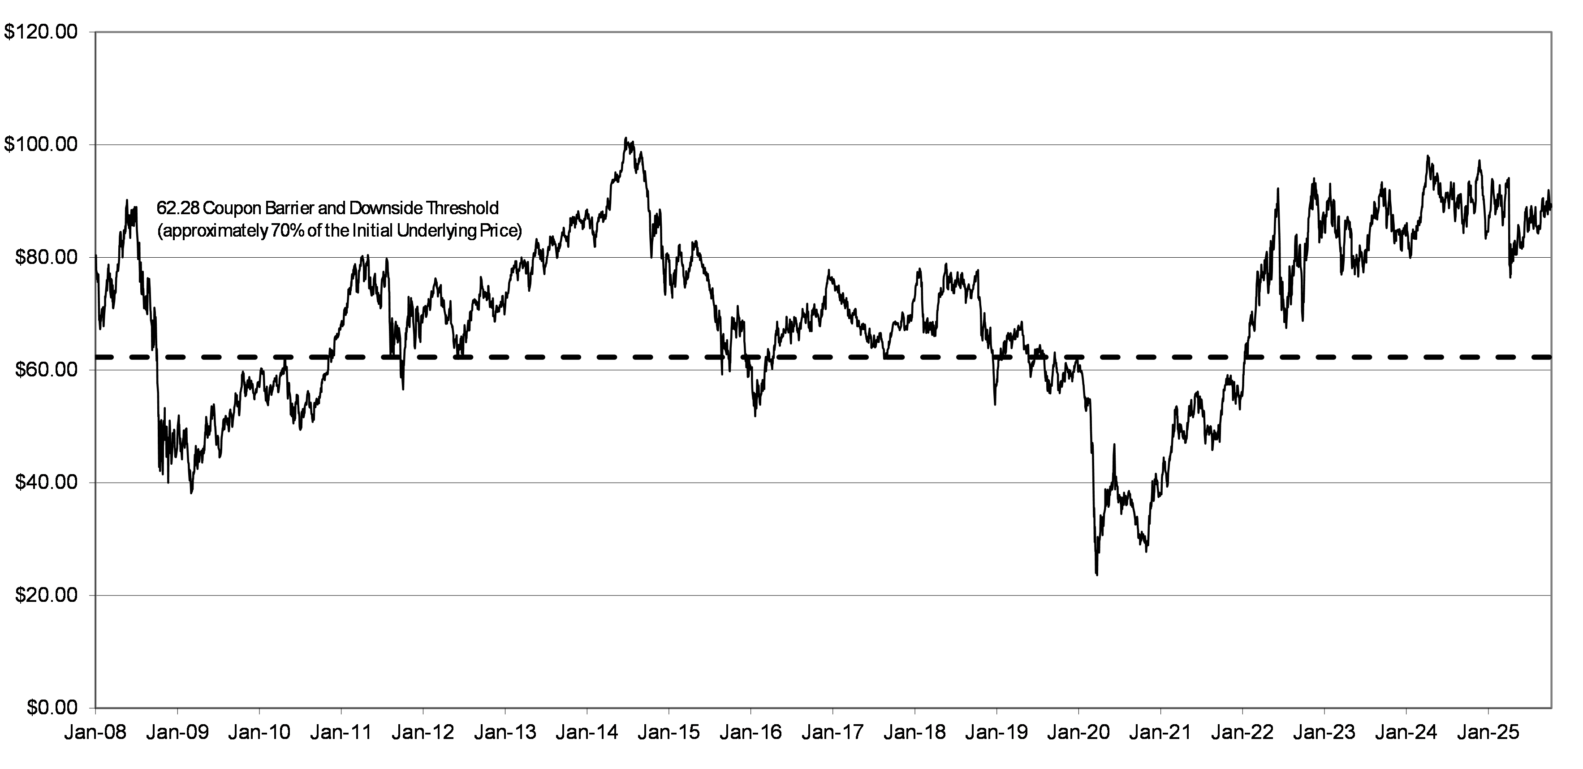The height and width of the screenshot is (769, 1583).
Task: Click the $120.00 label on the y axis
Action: point(41,32)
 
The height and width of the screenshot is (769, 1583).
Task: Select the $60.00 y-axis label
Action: point(47,370)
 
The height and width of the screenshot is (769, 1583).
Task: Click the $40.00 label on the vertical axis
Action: point(47,483)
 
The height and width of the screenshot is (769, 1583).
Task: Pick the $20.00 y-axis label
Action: point(47,595)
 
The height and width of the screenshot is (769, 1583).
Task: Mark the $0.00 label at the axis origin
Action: point(52,708)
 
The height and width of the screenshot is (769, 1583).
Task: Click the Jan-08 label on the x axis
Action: point(96,733)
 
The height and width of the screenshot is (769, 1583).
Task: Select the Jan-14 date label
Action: point(587,733)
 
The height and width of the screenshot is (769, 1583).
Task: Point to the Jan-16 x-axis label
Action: point(751,733)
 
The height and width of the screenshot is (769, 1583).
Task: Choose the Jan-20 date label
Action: point(1078,733)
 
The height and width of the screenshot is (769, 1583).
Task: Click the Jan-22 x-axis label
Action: point(1242,733)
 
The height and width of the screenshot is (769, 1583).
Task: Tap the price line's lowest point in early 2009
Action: point(192,493)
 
